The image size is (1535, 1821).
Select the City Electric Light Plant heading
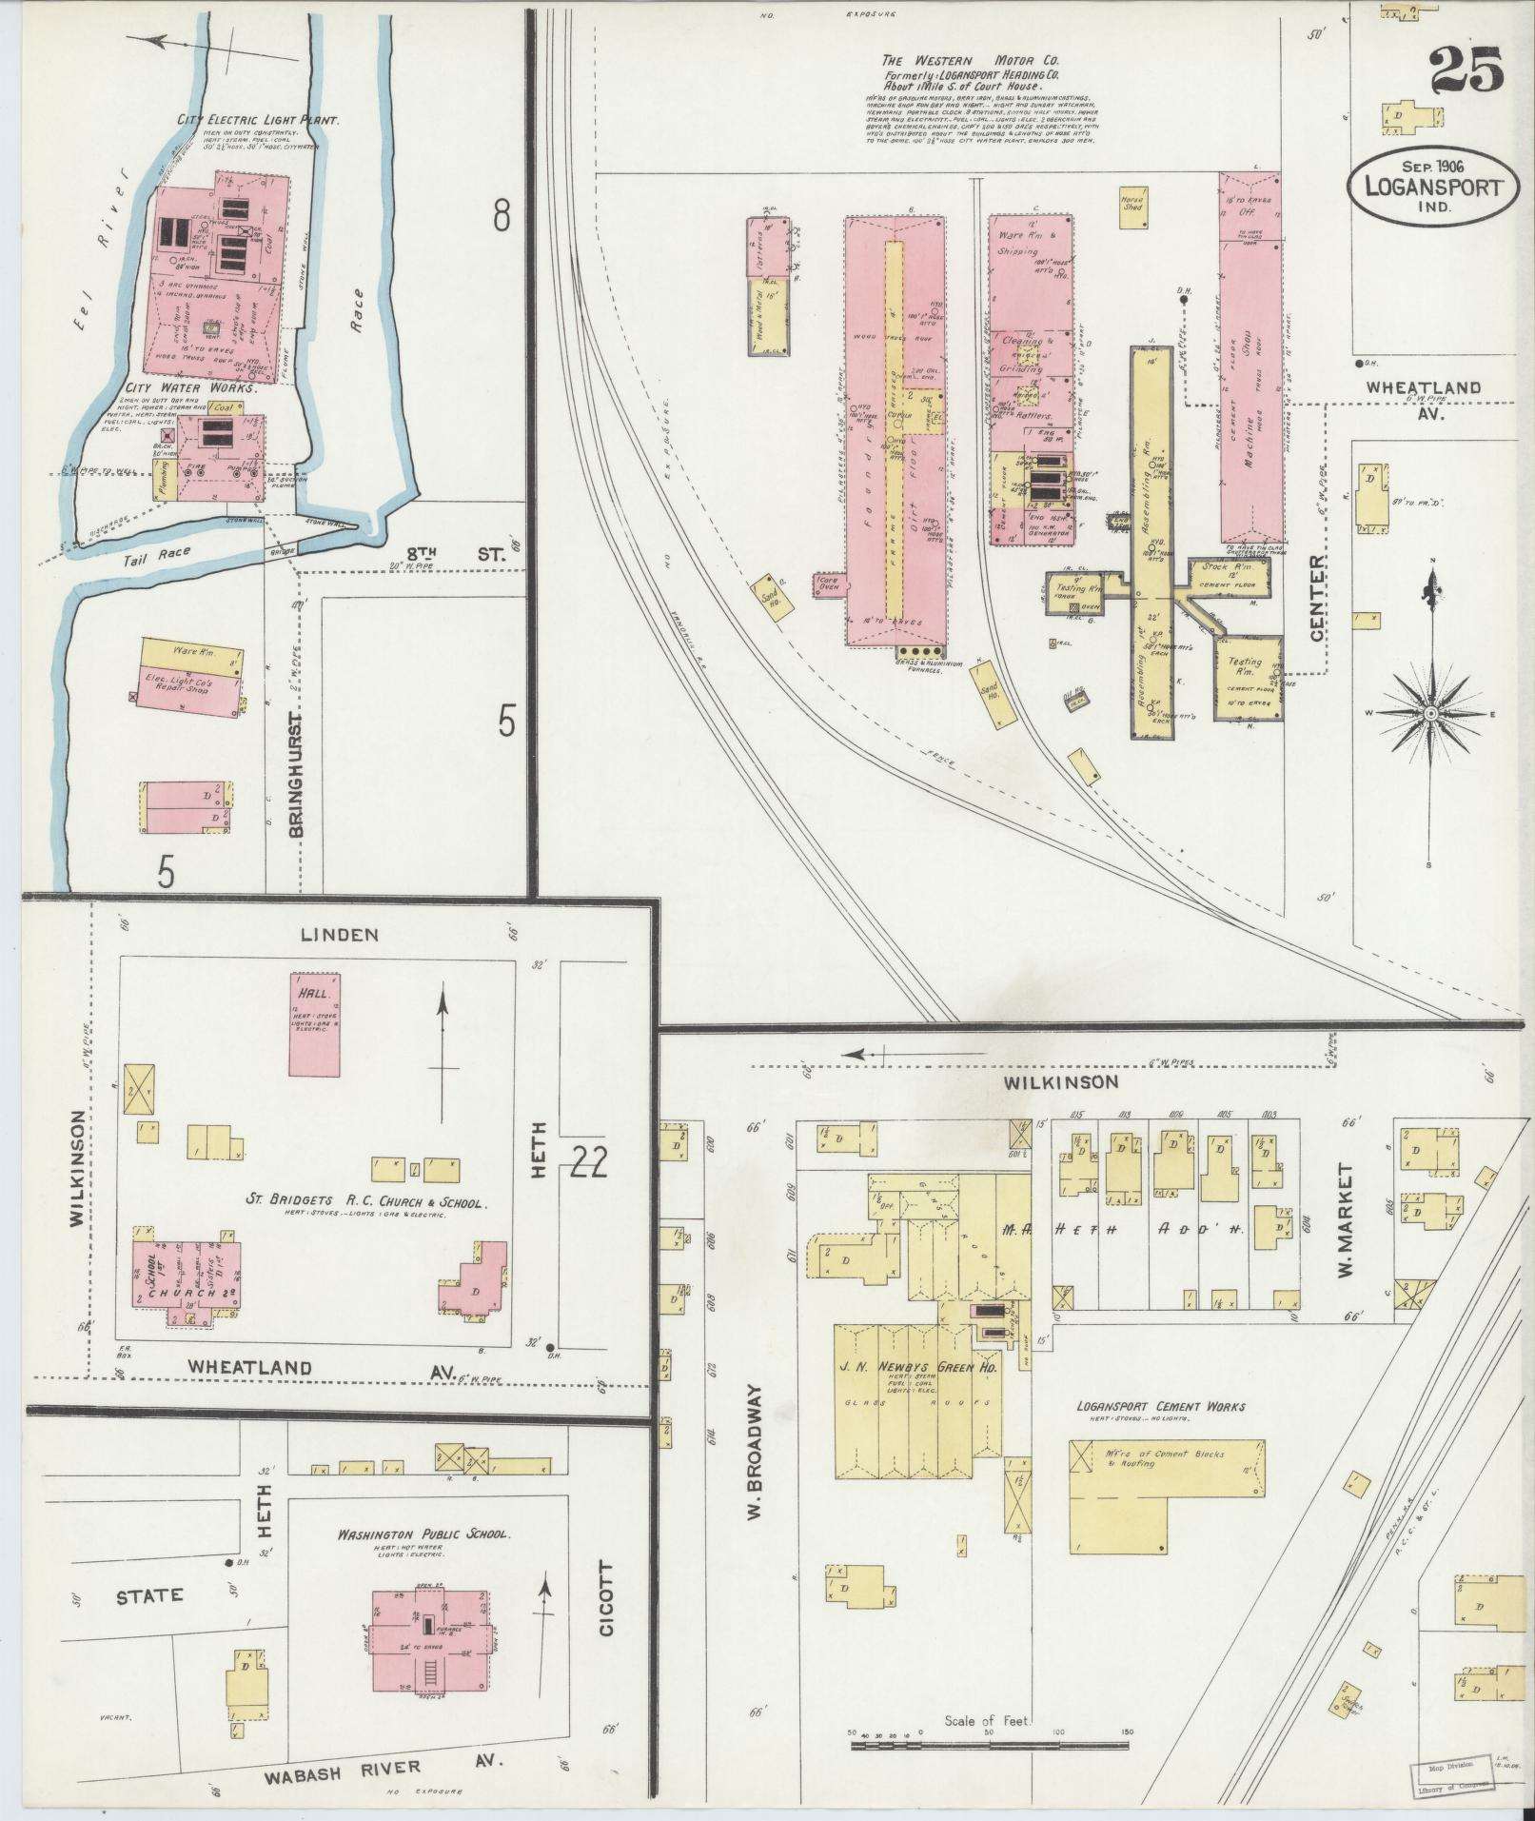click(258, 121)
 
